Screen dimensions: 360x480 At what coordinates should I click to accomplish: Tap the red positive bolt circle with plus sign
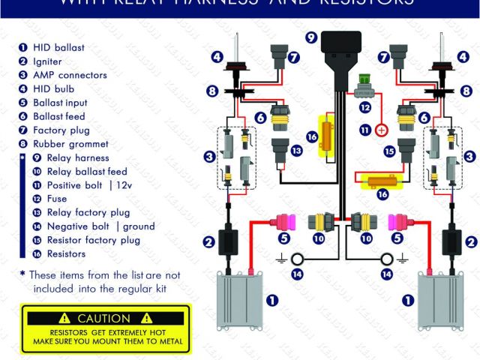tap(381, 130)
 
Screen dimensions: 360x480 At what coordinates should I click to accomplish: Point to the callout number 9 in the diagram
tap(310, 36)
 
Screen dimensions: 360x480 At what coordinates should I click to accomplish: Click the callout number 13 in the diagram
tap(296, 151)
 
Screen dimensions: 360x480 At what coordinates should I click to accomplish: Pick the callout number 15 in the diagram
tap(389, 151)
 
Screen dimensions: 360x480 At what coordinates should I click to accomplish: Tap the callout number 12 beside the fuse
tap(365, 108)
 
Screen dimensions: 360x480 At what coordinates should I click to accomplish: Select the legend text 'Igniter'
tap(47, 61)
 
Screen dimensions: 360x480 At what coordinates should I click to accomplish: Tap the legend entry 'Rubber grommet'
tap(69, 144)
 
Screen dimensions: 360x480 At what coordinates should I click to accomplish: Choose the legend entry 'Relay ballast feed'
tap(87, 172)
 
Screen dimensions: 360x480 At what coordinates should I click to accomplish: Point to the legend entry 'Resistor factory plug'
tap(93, 240)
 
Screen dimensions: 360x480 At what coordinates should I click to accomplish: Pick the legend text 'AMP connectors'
tap(70, 75)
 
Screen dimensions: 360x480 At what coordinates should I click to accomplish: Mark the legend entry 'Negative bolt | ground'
tap(100, 226)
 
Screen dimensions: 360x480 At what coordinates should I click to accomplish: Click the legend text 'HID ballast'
tap(58, 47)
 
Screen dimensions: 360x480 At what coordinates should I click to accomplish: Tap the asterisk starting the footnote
tap(22, 274)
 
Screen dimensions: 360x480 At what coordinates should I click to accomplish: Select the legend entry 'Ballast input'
tap(60, 103)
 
